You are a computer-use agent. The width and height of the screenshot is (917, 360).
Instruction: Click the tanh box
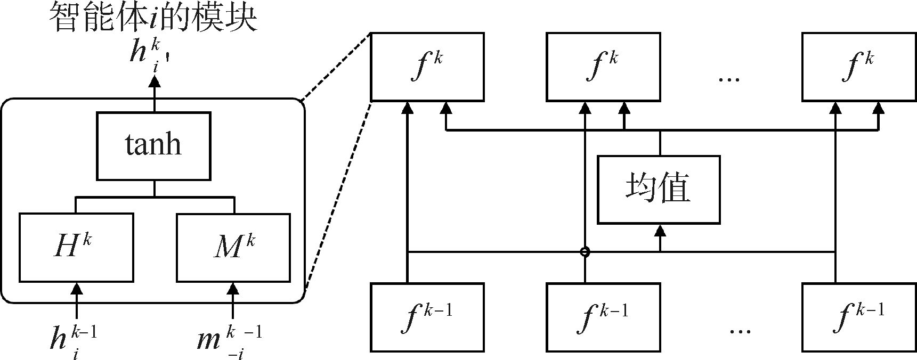153,145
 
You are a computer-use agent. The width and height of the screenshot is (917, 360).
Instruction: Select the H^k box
76,248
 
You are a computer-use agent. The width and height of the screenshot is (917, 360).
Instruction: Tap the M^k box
233,248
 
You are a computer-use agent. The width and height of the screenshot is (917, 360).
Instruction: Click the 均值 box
659,189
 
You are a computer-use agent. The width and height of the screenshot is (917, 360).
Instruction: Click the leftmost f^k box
427,67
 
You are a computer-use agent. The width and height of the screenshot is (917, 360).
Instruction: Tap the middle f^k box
603,67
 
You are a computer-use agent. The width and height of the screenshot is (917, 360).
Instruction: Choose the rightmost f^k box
859,67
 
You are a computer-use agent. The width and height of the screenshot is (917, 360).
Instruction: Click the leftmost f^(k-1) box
427,317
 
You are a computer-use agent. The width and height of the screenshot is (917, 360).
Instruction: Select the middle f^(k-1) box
603,317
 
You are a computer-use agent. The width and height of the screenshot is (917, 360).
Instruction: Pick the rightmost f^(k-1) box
859,317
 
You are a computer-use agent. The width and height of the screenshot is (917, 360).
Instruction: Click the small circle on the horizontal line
585,251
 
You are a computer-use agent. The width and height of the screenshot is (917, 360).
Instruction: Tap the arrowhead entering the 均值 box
660,230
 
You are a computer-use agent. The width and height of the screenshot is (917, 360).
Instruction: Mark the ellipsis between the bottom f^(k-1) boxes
740,331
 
